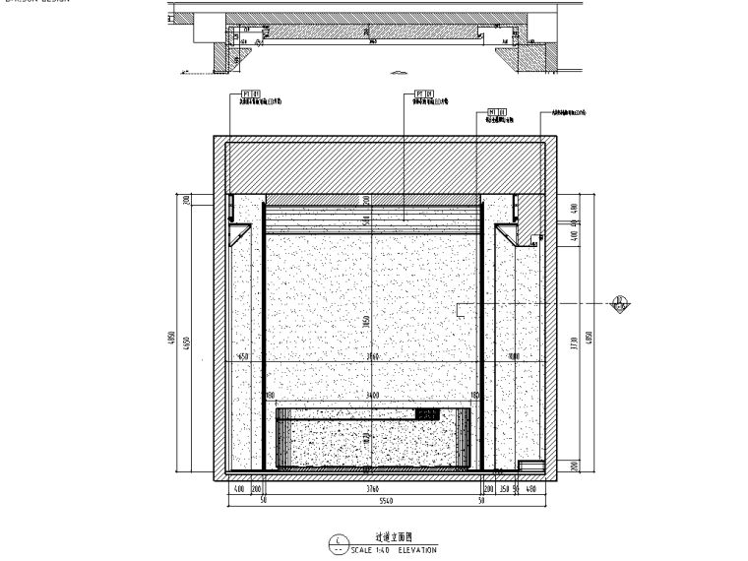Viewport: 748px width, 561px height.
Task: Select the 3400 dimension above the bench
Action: tap(372, 396)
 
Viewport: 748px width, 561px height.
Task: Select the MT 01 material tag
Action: tap(495, 113)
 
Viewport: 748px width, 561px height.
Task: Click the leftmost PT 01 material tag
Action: tap(249, 95)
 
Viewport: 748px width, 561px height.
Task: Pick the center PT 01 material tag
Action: tap(424, 95)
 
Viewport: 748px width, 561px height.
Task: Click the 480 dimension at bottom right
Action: tap(531, 488)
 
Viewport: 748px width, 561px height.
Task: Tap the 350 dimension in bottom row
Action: tap(504, 488)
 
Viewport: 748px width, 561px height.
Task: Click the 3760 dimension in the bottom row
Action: tap(371, 488)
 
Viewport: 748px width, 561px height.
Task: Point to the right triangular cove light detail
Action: tap(509, 233)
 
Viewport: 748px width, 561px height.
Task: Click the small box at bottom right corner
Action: tap(531, 467)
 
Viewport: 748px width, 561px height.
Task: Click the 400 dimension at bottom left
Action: tap(238, 488)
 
